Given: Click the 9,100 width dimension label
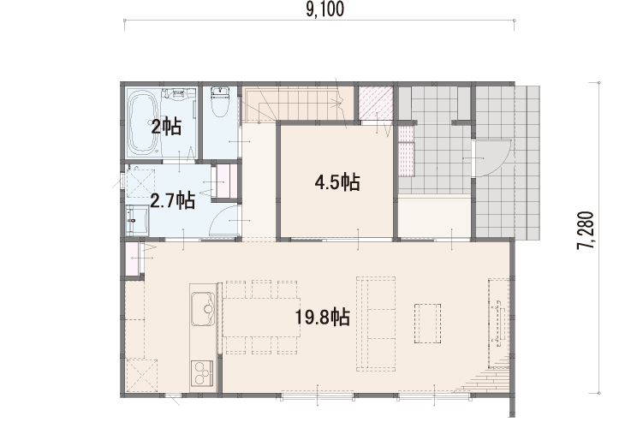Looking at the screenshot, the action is pyautogui.click(x=324, y=9).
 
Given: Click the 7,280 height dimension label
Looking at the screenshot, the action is pyautogui.click(x=585, y=230).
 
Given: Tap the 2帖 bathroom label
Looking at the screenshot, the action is pyautogui.click(x=166, y=128).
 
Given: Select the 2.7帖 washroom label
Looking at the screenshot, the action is pyautogui.click(x=173, y=201).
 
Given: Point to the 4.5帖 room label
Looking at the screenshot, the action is pyautogui.click(x=337, y=182).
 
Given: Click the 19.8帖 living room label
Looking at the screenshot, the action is pyautogui.click(x=323, y=317).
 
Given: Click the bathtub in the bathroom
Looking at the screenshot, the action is pyautogui.click(x=143, y=124).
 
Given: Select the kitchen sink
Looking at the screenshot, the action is pyautogui.click(x=203, y=309).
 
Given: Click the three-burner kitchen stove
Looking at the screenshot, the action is pyautogui.click(x=202, y=373).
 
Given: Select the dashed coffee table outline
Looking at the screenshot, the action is pyautogui.click(x=428, y=324).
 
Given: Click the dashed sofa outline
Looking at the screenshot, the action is pyautogui.click(x=376, y=324).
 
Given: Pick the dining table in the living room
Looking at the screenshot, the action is pyautogui.click(x=261, y=317).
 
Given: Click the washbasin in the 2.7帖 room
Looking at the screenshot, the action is pyautogui.click(x=137, y=221).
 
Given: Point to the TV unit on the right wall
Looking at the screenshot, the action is pyautogui.click(x=498, y=324).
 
